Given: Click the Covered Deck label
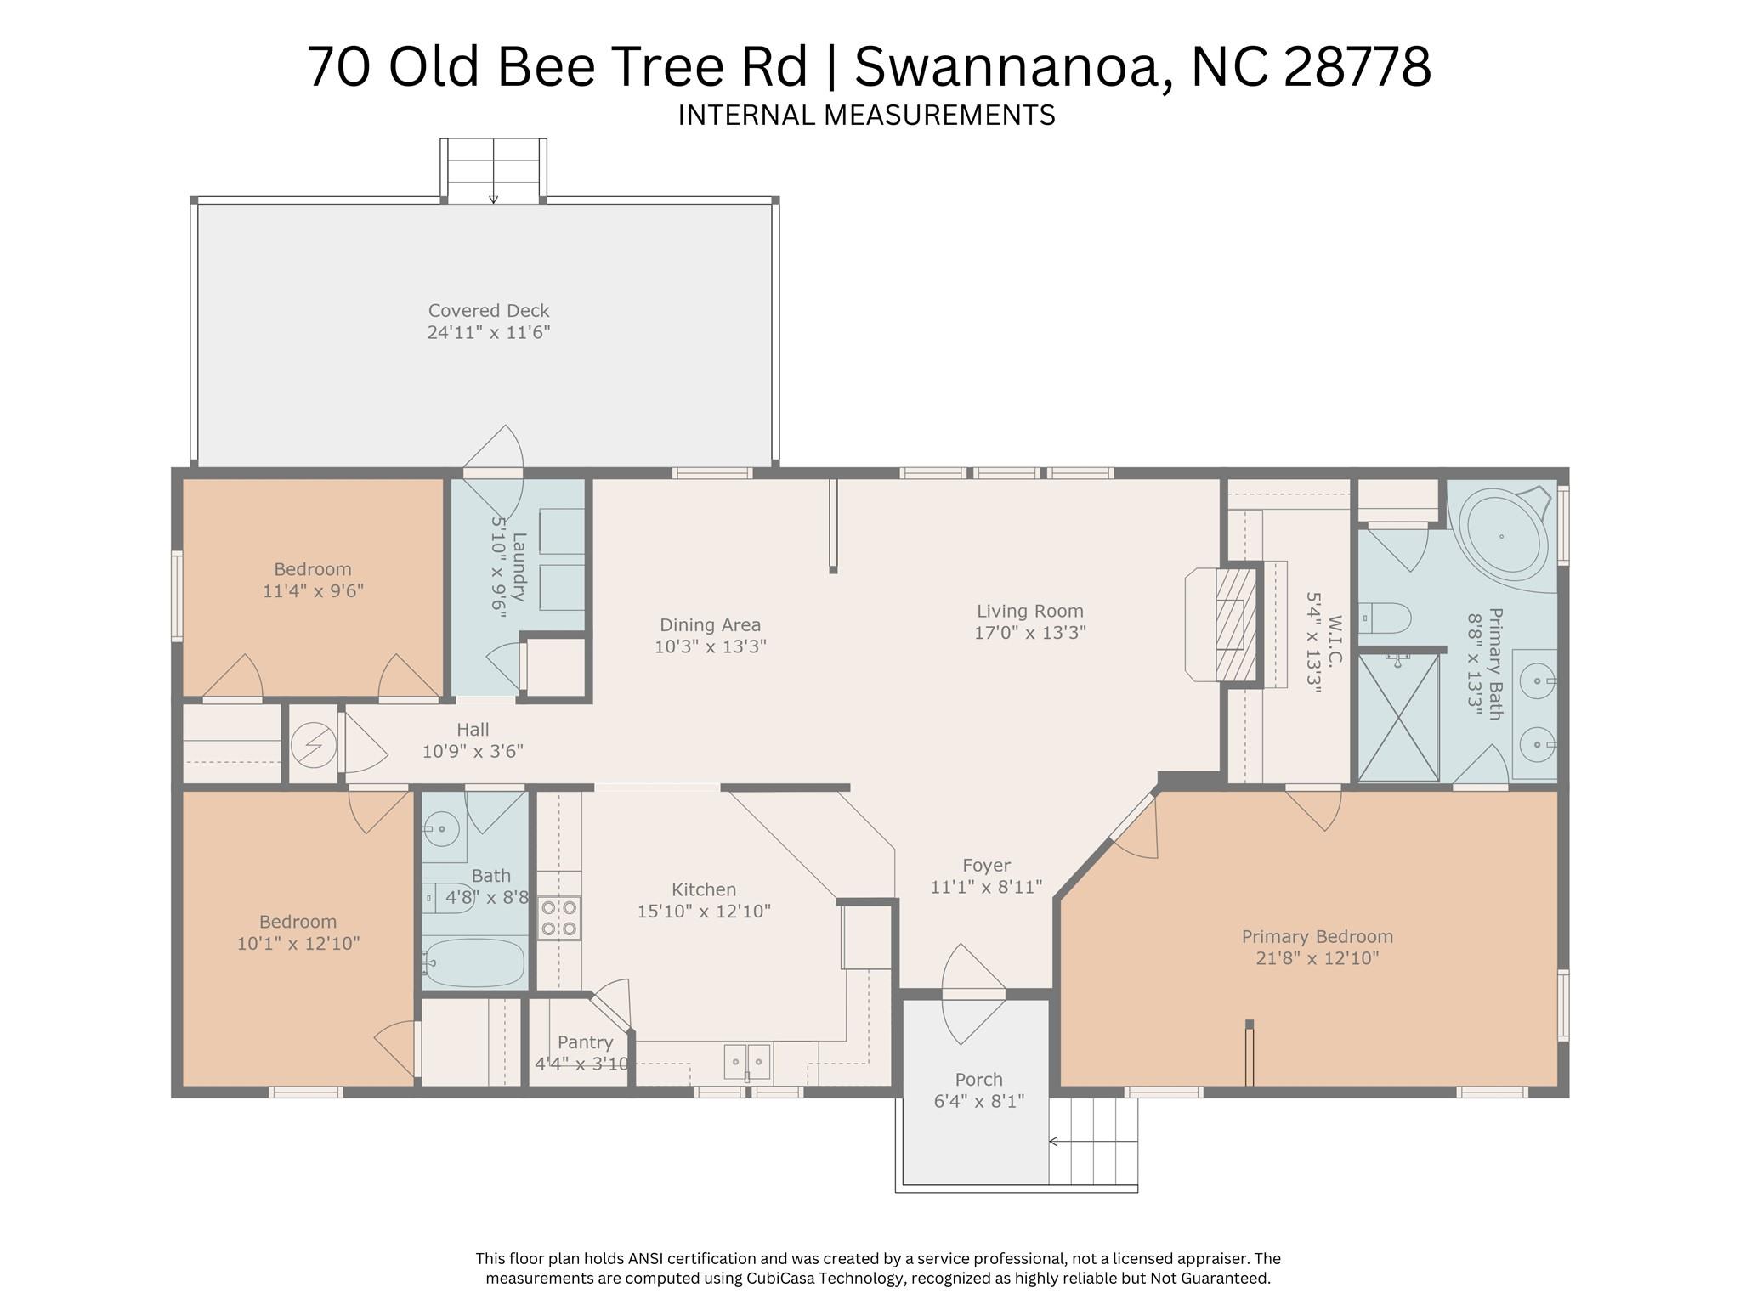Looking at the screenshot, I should [489, 311].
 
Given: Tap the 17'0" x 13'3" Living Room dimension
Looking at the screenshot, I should [1029, 633].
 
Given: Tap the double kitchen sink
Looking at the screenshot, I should [747, 1061].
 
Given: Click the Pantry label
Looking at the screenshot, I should [585, 1042].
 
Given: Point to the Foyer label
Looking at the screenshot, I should [986, 866].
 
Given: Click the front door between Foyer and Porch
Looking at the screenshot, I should [973, 993].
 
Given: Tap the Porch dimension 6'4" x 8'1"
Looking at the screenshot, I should [978, 1102].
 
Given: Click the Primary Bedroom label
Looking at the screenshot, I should [1317, 937].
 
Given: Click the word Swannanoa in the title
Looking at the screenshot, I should [1006, 68].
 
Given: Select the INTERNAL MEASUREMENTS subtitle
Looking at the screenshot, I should [866, 115].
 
